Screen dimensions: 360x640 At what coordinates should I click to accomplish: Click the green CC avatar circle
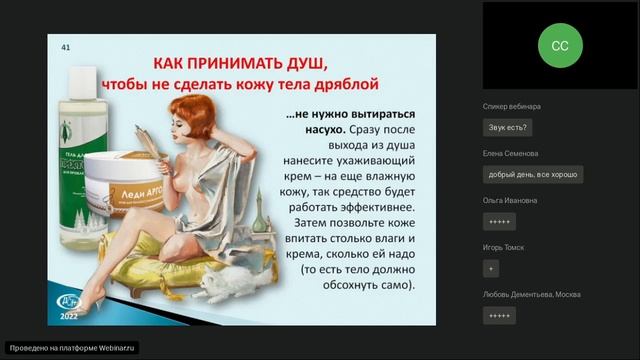pyautogui.click(x=560, y=45)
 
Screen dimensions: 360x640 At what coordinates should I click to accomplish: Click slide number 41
pyautogui.click(x=66, y=47)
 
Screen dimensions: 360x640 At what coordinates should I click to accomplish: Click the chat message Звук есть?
pyautogui.click(x=508, y=127)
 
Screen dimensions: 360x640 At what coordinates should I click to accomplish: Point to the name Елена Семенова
pyautogui.click(x=510, y=153)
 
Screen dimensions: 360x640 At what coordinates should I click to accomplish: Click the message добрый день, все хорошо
pyautogui.click(x=532, y=174)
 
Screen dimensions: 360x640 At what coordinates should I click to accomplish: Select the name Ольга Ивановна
pyautogui.click(x=510, y=200)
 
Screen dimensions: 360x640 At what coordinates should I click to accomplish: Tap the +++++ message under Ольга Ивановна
pyautogui.click(x=499, y=221)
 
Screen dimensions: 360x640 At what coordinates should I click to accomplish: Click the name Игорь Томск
pyautogui.click(x=504, y=247)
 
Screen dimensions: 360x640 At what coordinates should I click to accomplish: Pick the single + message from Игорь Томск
pyautogui.click(x=490, y=268)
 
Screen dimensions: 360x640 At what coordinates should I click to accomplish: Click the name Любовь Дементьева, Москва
pyautogui.click(x=531, y=294)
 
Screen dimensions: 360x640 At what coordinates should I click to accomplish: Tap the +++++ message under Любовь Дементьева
pyautogui.click(x=499, y=315)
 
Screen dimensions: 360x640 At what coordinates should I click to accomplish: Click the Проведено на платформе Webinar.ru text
pyautogui.click(x=70, y=348)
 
